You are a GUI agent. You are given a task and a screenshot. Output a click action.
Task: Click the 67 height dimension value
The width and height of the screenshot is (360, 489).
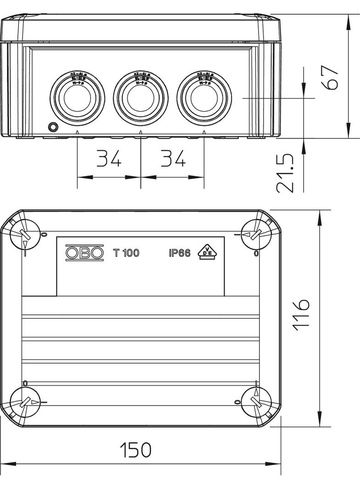click(x=332, y=77)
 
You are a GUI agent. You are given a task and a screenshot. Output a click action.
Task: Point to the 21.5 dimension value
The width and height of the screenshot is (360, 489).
click(x=286, y=173)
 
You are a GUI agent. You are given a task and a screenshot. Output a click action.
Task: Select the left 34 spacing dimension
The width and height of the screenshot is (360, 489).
click(x=109, y=159)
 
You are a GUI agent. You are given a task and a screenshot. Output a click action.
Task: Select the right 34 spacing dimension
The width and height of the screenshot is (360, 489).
click(x=173, y=159)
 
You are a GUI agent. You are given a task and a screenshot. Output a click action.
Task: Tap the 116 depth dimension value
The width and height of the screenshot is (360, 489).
click(x=301, y=314)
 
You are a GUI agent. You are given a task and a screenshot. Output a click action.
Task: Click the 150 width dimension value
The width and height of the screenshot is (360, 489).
click(x=135, y=450)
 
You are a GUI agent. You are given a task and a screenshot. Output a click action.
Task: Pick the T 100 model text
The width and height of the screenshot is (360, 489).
click(x=126, y=253)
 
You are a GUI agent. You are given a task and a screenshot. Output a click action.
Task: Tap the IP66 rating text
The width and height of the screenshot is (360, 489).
click(x=179, y=253)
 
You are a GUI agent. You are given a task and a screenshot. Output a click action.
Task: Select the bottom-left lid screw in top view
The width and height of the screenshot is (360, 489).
click(x=24, y=402)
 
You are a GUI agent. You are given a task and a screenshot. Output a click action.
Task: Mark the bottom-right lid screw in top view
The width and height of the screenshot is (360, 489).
click(x=256, y=402)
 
